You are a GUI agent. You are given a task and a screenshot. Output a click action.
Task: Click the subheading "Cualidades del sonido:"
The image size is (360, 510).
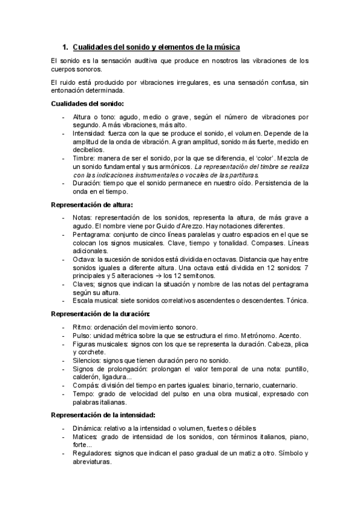87,103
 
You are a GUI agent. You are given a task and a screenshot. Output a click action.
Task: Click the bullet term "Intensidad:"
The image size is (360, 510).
89,133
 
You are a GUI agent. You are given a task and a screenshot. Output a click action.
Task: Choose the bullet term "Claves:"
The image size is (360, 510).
84,284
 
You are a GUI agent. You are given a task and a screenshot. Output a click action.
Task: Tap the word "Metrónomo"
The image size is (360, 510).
260,334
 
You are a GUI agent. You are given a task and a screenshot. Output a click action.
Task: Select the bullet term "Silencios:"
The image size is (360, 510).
88,360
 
